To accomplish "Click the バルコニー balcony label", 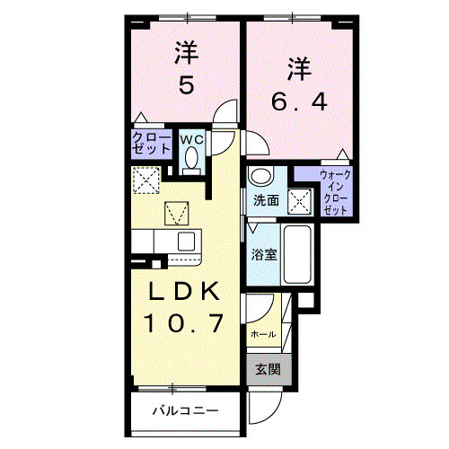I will [x=184, y=413].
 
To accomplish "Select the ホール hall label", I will [x=263, y=334].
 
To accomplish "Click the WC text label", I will [x=192, y=140].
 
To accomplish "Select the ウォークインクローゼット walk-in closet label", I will [x=336, y=190].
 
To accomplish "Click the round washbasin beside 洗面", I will [x=260, y=176].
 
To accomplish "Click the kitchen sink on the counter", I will [x=186, y=241].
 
